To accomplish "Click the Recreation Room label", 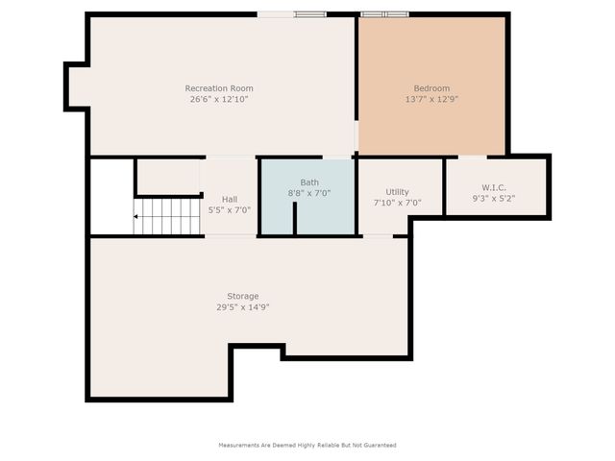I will pos(219,88).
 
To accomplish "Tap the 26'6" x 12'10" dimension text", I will pos(219,99).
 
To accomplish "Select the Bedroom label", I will pos(431,88).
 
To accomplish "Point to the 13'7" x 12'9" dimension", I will pos(431,99).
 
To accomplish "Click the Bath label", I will pos(309,182).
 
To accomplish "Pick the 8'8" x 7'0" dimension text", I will pos(309,192).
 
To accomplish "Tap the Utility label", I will pos(397,192).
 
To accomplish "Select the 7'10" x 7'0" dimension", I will pos(397,203).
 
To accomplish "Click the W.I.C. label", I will pos(495,187).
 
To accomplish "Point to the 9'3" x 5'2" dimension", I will pos(495,198).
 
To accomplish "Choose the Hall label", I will pos(230,199).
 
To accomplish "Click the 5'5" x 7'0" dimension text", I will pos(230,209).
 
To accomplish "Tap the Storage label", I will pos(243,296).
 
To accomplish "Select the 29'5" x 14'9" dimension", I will pos(243,306).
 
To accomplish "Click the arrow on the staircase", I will pos(137,217).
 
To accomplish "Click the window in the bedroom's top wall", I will pos(384,14).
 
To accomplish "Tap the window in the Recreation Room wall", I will pos(309,14).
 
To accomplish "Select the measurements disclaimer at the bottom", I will pos(307,446).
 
